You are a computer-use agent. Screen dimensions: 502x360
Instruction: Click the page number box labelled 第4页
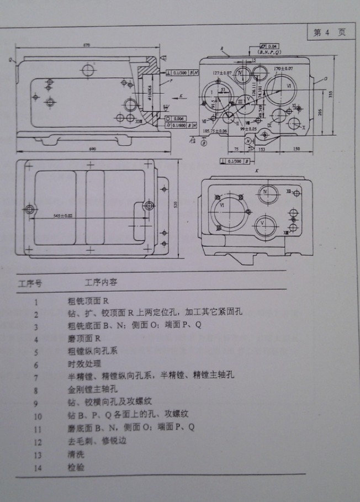point(330,33)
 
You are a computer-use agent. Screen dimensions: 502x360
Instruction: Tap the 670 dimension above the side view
point(86,44)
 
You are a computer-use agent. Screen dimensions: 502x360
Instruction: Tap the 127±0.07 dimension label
point(221,73)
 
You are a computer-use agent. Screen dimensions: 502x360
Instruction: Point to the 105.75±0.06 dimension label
point(215,131)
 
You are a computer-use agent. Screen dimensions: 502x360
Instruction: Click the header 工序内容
point(101,282)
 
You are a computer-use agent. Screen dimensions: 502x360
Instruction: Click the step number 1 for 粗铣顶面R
point(36,302)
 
